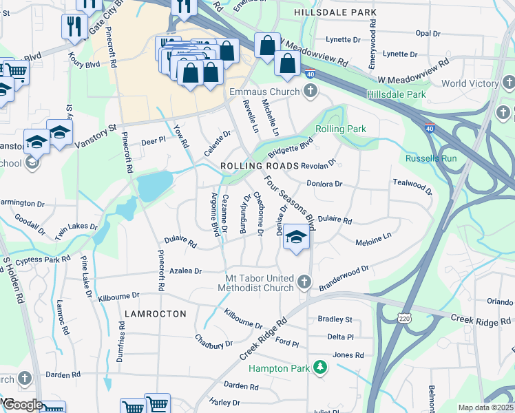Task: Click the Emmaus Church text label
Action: (264, 92)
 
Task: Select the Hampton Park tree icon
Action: (319, 367)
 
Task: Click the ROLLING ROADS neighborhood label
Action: (260, 167)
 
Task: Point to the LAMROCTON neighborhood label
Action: (156, 313)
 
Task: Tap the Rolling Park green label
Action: (341, 129)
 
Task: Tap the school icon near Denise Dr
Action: (296, 237)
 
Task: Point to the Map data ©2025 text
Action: (485, 407)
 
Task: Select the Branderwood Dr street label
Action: (344, 274)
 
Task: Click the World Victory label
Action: (470, 83)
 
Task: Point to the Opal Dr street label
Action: (427, 33)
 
